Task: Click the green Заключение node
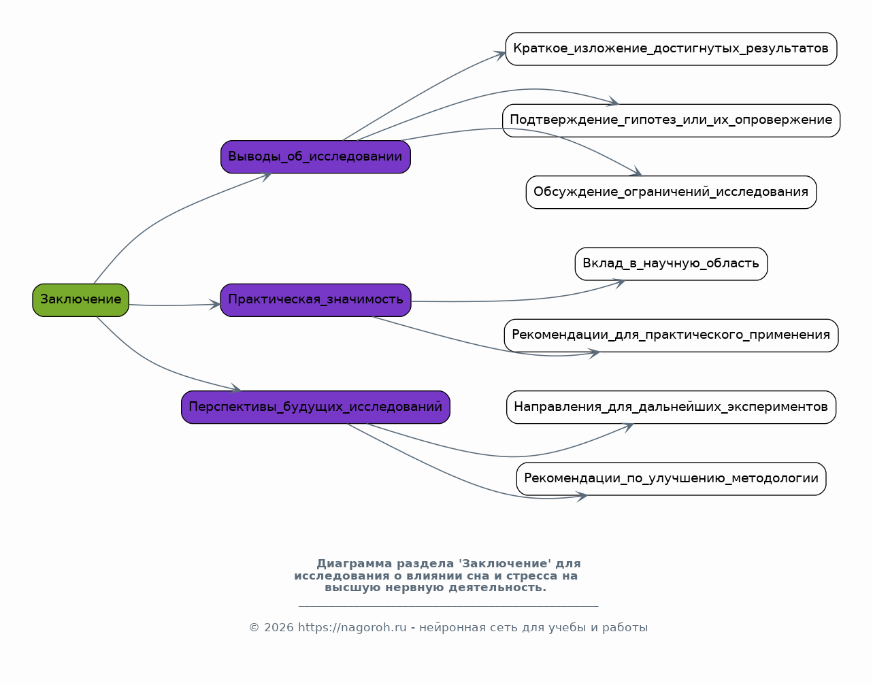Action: [81, 301]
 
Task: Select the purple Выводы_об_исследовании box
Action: [316, 157]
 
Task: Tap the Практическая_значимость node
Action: [316, 301]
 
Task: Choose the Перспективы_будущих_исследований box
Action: [316, 407]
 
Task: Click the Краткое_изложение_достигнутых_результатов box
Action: [672, 49]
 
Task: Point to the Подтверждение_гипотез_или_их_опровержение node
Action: [672, 121]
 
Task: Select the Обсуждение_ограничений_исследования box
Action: [672, 193]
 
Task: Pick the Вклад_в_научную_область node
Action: [672, 264]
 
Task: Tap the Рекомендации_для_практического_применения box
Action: [672, 335]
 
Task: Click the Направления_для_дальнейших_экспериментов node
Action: [672, 407]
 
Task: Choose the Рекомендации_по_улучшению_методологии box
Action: [672, 479]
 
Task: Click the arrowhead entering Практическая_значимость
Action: [214, 304]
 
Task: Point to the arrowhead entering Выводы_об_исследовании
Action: [266, 176]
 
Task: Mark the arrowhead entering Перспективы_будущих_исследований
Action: [236, 388]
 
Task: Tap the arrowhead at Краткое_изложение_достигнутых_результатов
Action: [499, 54]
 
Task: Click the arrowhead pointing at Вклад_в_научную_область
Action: [619, 284]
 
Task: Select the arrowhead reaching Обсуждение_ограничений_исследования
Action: [636, 171]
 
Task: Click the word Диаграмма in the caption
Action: [355, 564]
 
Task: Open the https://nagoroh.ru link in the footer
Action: [352, 628]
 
